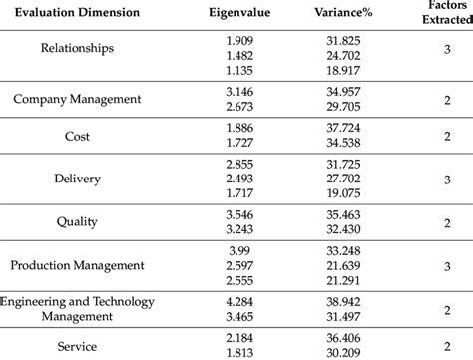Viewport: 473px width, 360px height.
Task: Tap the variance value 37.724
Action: (x=342, y=129)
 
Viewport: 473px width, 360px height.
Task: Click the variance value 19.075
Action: (x=342, y=192)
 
